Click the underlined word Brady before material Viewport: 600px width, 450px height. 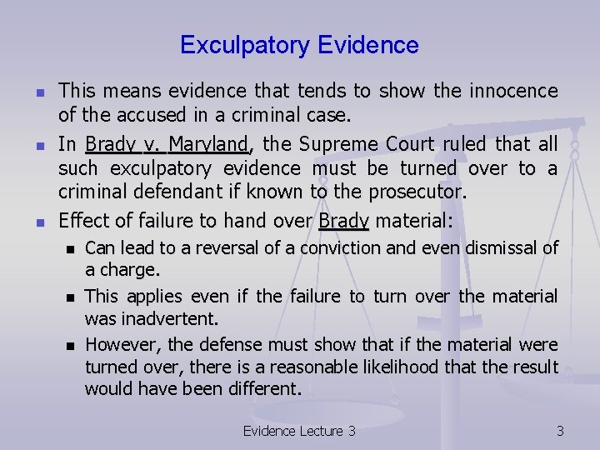tap(344, 222)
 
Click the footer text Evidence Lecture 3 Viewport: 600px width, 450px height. tap(298, 431)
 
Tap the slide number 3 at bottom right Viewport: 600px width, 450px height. tap(560, 431)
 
